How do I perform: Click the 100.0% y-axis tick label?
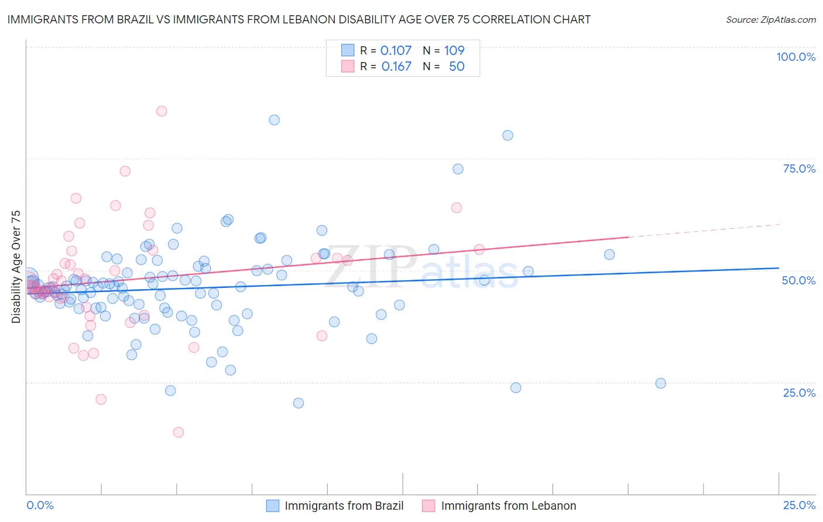click(x=795, y=57)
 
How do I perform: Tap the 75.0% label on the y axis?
click(x=799, y=169)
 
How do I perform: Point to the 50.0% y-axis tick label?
click(x=798, y=280)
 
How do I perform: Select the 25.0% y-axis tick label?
click(x=799, y=393)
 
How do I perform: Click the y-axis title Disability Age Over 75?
click(x=16, y=267)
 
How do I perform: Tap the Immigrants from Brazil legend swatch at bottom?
click(x=273, y=506)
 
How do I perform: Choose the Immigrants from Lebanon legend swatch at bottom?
click(x=429, y=506)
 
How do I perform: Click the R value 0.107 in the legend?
click(x=396, y=50)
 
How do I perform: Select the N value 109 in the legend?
click(x=454, y=50)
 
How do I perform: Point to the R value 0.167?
click(x=396, y=66)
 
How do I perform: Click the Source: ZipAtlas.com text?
click(x=770, y=20)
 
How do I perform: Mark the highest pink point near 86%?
click(x=162, y=111)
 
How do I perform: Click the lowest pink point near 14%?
click(x=179, y=432)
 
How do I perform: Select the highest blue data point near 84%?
click(x=274, y=120)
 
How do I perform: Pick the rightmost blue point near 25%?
click(x=660, y=383)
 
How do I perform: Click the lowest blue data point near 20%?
click(x=299, y=403)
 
